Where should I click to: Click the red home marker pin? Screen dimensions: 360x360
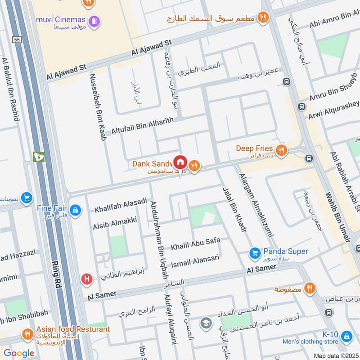pyautogui.click(x=180, y=162)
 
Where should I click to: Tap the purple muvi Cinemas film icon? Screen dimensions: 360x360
pyautogui.click(x=94, y=20)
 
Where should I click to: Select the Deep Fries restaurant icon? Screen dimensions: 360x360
pyautogui.click(x=282, y=150)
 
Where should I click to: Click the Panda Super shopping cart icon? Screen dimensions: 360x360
pyautogui.click(x=255, y=253)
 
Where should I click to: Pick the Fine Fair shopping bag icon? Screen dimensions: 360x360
pyautogui.click(x=76, y=210)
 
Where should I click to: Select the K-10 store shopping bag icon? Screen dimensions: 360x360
pyautogui.click(x=346, y=336)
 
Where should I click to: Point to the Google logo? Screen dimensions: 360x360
pyautogui.click(x=19, y=354)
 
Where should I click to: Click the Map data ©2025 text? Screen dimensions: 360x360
pyautogui.click(x=335, y=355)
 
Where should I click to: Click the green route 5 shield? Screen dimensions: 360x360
pyautogui.click(x=40, y=157)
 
